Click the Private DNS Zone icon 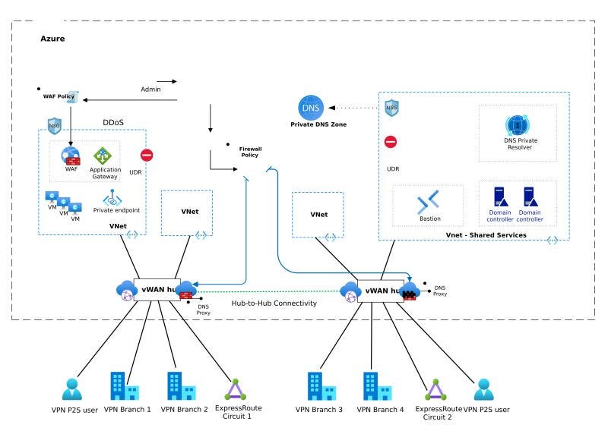[311, 106]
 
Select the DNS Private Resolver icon [517, 125]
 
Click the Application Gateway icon [103, 156]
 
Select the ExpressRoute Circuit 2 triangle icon [434, 390]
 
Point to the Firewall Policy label [251, 152]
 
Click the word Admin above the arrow [150, 90]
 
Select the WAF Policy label [59, 97]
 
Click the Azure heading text [52, 38]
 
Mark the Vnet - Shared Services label [486, 235]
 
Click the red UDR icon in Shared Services [390, 142]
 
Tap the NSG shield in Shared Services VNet [391, 108]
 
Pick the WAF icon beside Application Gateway [71, 156]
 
